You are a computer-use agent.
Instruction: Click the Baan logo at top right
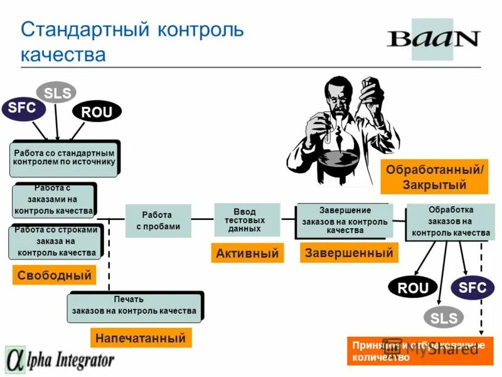[433, 39]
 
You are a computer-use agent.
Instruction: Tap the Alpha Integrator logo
[60, 360]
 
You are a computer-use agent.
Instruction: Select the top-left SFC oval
[23, 108]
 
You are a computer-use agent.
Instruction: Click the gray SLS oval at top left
[56, 93]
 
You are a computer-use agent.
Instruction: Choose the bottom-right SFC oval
[472, 288]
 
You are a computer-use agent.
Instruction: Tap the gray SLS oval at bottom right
[443, 318]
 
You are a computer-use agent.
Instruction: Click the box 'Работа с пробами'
[158, 221]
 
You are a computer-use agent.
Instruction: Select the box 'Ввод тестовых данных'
[244, 221]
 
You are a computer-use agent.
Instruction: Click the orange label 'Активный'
[247, 253]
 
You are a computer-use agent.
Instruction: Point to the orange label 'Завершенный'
[349, 253]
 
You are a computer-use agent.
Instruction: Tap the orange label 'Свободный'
[55, 275]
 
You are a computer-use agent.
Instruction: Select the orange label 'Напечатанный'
[141, 338]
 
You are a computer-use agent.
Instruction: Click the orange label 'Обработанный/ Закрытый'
[434, 177]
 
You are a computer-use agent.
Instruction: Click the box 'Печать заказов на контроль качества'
[134, 306]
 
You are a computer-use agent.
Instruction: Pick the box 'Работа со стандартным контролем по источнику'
[64, 158]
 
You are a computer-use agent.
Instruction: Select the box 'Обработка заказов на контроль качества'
[451, 221]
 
